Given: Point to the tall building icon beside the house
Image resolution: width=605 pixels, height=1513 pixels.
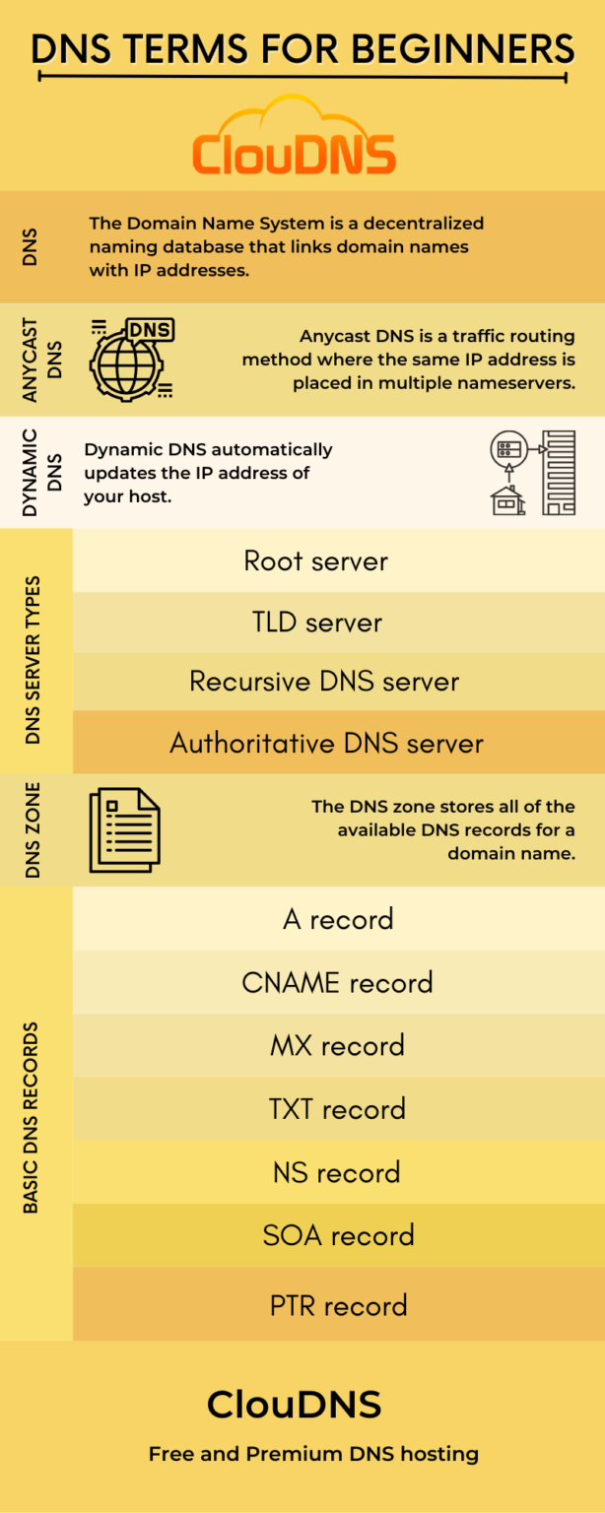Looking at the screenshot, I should click(x=559, y=473).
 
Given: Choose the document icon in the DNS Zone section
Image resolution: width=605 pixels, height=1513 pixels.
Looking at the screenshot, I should click(x=125, y=830).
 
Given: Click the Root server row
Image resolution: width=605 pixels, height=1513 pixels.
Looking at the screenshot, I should click(x=315, y=560).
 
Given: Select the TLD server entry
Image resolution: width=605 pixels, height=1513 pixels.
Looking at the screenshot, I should click(x=315, y=622).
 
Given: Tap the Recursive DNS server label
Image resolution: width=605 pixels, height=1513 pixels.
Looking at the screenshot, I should click(x=324, y=682).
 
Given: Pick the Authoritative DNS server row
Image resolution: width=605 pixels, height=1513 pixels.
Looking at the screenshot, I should click(x=326, y=743).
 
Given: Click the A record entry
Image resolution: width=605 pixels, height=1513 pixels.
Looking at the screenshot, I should click(x=337, y=919).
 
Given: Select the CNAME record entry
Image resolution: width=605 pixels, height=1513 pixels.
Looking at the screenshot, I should click(x=337, y=982).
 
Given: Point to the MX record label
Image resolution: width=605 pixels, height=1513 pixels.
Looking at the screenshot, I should click(x=337, y=1045).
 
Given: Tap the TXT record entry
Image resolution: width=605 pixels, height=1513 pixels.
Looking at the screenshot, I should click(x=337, y=1109).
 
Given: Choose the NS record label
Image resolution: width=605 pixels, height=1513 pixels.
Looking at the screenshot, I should click(x=337, y=1172).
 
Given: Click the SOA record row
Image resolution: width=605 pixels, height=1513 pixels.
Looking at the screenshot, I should click(x=337, y=1235).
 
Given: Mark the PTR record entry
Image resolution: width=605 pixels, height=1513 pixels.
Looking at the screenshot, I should click(x=337, y=1305).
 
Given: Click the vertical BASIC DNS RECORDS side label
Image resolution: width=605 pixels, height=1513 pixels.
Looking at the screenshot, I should click(x=32, y=1116).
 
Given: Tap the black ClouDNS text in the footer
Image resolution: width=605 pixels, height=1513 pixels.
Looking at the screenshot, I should click(x=294, y=1405).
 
